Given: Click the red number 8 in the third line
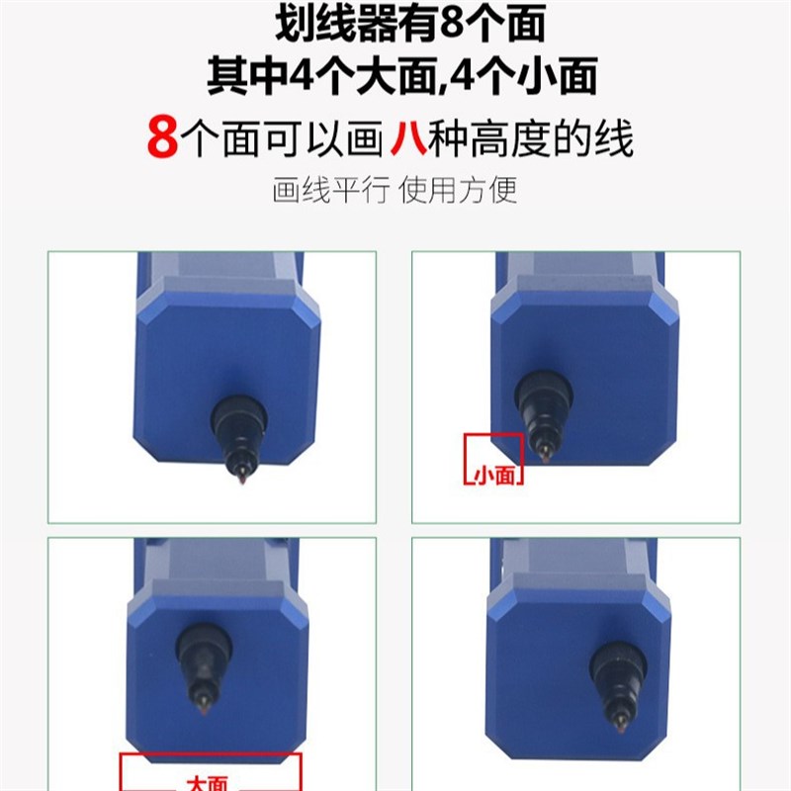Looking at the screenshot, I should pos(162,138).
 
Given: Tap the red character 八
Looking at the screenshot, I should pos(407,138).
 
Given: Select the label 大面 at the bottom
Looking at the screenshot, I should pos(207,783).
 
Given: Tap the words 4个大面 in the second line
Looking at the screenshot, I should pos(356,77).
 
